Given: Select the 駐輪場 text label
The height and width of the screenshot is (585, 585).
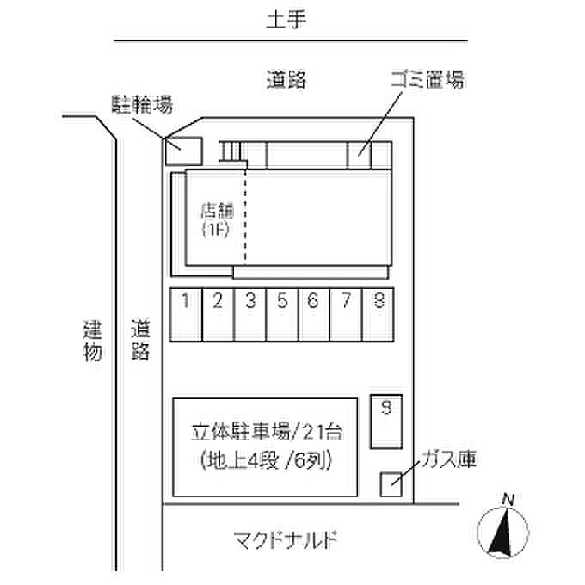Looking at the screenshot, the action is click(142, 105).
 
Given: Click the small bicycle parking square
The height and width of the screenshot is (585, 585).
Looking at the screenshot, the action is click(182, 150).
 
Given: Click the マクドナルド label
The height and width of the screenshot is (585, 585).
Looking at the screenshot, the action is click(284, 541).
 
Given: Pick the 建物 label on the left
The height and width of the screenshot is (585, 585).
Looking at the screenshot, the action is click(93, 340).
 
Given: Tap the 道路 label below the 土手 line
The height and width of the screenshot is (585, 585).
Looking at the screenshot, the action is click(286, 81).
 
